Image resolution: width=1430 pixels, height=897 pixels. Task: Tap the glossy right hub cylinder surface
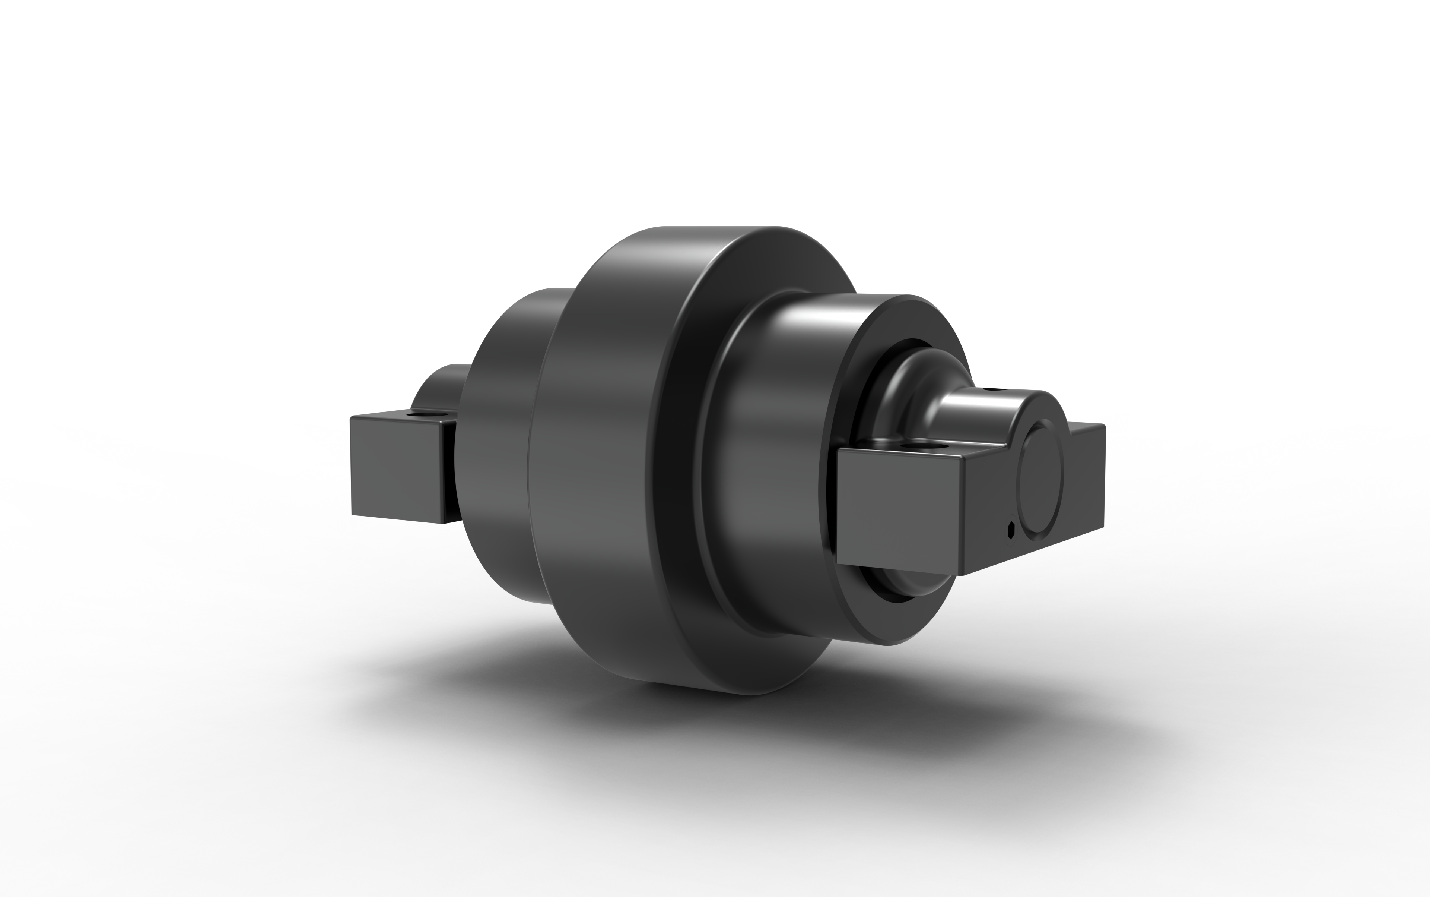771,415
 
